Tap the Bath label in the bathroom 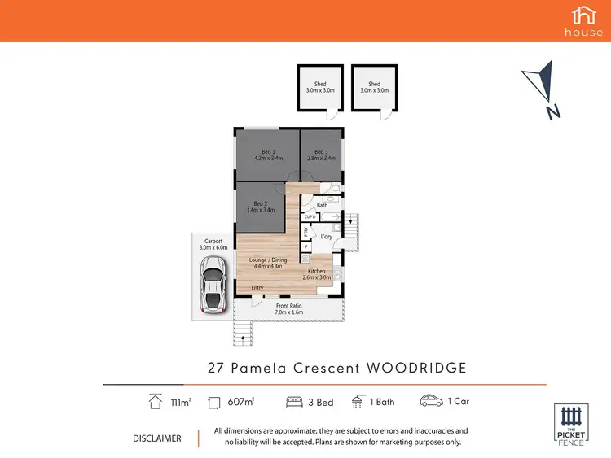322,205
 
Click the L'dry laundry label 327,236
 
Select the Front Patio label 290,307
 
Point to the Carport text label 213,242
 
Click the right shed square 374,88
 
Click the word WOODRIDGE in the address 416,368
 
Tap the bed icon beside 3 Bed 294,401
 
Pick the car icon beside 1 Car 430,401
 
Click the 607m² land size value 242,401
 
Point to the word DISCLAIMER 157,438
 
